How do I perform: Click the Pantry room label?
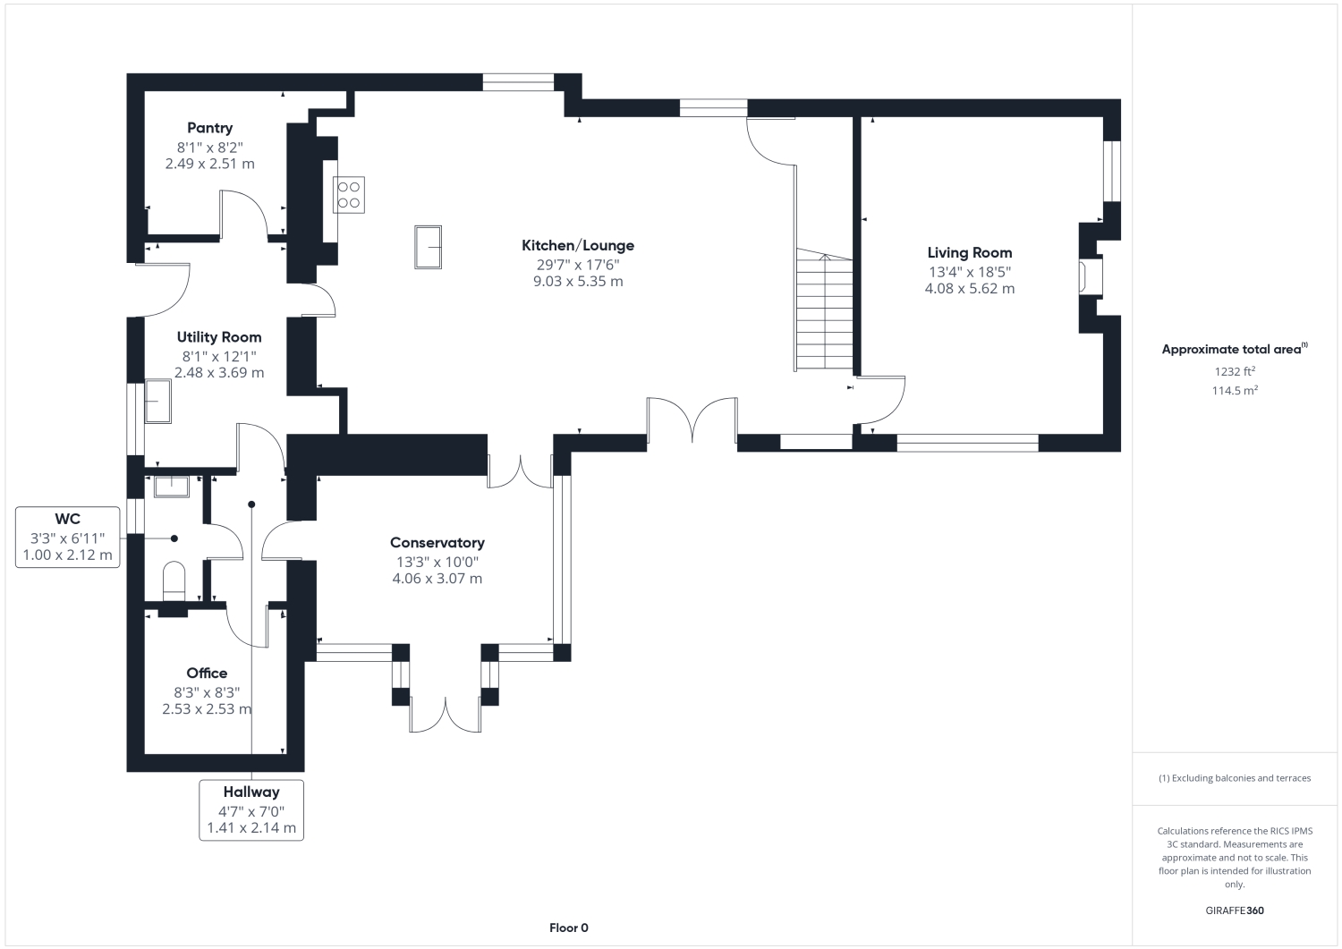coord(209,128)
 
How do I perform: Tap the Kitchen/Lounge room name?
coord(578,245)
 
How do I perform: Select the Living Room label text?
coord(969,253)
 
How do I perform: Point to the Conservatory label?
coord(437,543)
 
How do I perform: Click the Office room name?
coord(207,673)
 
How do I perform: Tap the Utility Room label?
coord(219,337)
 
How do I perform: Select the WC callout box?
coord(68,537)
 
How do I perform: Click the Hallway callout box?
coord(251,810)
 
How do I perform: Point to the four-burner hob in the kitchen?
coord(349,195)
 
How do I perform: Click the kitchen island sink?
coord(429,247)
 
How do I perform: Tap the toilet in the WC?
coord(174,580)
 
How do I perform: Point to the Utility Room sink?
coord(158,402)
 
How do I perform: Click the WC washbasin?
coord(172,487)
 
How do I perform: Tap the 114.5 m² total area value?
coord(1235,390)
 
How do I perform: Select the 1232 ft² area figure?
coord(1235,371)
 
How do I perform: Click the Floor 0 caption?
coord(568,928)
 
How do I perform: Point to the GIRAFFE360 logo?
coord(1235,911)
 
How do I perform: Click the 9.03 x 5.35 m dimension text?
coord(578,281)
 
